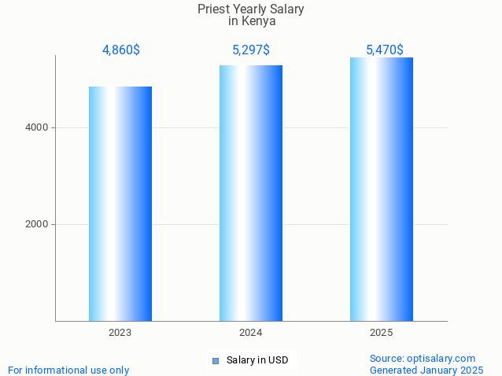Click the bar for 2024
tap(251, 193)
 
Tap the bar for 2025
tap(382, 189)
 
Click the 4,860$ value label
tap(120, 50)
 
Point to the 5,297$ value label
tap(251, 50)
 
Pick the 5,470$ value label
tap(384, 50)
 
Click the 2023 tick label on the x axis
tap(120, 333)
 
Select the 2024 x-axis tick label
tap(251, 333)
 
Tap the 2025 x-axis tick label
tap(382, 333)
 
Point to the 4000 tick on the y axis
tap(37, 127)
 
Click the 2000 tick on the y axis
tap(37, 224)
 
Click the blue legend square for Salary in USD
tap(215, 361)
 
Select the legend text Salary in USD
tap(257, 360)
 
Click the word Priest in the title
tap(215, 9)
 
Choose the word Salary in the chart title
tap(286, 9)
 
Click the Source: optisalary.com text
tap(423, 358)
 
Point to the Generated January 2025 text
tap(426, 370)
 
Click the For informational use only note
tap(68, 370)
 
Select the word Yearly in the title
tap(250, 9)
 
